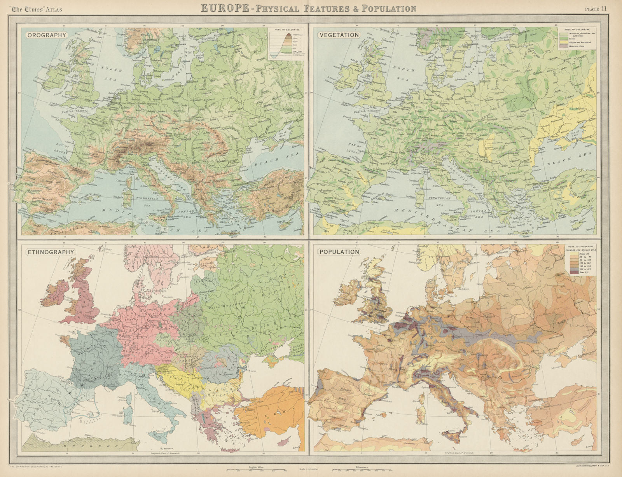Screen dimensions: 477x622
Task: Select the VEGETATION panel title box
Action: tap(338, 35)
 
